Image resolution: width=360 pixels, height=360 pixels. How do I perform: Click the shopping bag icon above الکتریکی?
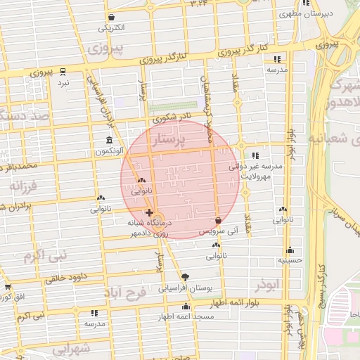pyautogui.click(x=111, y=17)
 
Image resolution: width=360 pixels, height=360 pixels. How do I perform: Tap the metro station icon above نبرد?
pyautogui.click(x=63, y=72)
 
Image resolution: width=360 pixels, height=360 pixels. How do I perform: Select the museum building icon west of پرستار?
pyautogui.click(x=108, y=140)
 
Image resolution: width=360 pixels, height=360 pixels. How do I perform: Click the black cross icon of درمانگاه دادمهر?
pyautogui.click(x=149, y=212)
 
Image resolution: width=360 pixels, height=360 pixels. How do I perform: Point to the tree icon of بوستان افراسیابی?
pyautogui.click(x=186, y=277)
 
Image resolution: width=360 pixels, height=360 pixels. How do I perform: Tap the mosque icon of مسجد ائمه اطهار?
pyautogui.click(x=186, y=307)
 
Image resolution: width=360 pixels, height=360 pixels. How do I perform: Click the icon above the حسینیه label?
pyautogui.click(x=290, y=250)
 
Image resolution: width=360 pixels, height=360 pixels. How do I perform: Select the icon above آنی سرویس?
pyautogui.click(x=218, y=220)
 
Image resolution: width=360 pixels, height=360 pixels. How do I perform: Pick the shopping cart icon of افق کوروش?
pyautogui.click(x=8, y=287)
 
